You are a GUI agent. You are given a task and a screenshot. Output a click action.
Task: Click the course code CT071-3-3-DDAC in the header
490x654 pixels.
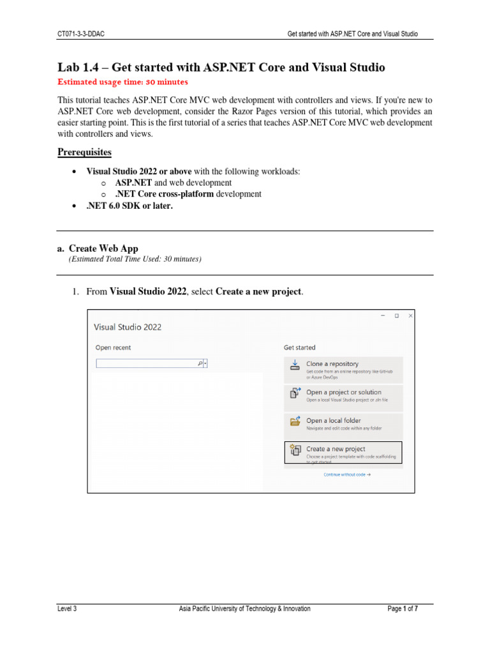pyautogui.click(x=81, y=34)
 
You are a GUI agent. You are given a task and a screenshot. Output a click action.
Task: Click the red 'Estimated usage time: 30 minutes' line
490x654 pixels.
pyautogui.click(x=122, y=82)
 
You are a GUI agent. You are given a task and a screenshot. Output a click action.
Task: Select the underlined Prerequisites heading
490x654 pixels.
pyautogui.click(x=84, y=152)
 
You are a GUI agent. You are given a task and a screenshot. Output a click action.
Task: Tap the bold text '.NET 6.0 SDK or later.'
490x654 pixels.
pyautogui.click(x=130, y=205)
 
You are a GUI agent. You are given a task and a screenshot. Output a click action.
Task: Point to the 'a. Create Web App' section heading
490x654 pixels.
pyautogui.click(x=97, y=248)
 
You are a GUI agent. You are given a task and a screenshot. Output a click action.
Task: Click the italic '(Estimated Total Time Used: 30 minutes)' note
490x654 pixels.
pyautogui.click(x=135, y=259)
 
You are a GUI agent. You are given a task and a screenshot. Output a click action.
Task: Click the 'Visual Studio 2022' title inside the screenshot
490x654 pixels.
pyautogui.click(x=128, y=327)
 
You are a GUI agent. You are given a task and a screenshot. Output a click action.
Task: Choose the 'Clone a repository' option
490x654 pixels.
pyautogui.click(x=332, y=363)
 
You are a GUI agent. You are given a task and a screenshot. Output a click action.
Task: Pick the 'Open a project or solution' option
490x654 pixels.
pyautogui.click(x=343, y=392)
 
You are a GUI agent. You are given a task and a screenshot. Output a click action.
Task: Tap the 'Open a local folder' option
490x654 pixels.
pyautogui.click(x=333, y=420)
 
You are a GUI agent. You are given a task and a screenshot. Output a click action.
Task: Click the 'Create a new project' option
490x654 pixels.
pyautogui.click(x=336, y=449)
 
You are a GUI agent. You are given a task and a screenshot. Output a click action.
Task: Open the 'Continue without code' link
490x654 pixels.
pyautogui.click(x=347, y=475)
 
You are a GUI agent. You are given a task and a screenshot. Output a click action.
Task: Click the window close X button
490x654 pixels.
pyautogui.click(x=410, y=316)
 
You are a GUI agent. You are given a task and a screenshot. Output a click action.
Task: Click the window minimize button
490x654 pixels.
pyautogui.click(x=382, y=316)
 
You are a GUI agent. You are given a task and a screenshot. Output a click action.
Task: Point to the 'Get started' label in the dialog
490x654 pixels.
pyautogui.click(x=299, y=347)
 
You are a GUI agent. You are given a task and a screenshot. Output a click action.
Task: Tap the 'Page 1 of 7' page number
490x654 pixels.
pyautogui.click(x=403, y=609)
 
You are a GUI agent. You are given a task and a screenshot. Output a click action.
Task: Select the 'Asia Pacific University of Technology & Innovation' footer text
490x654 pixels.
pyautogui.click(x=244, y=609)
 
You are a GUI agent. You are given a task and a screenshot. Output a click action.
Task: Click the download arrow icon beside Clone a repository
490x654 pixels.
pyautogui.click(x=295, y=364)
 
